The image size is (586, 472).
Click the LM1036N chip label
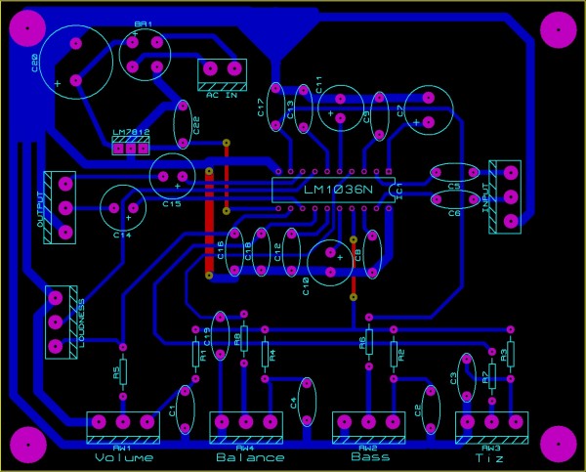pyautogui.click(x=332, y=189)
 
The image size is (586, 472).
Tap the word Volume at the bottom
pyautogui.click(x=124, y=457)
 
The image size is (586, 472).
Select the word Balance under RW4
pyautogui.click(x=250, y=457)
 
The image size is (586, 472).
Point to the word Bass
pyautogui.click(x=369, y=456)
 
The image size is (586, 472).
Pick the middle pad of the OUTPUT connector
pyautogui.click(x=65, y=207)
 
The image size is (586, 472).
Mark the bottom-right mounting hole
pyautogui.click(x=559, y=444)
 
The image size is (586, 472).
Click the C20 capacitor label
pyautogui.click(x=36, y=64)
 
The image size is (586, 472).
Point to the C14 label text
pyautogui.click(x=122, y=236)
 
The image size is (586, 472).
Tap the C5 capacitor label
pyautogui.click(x=453, y=186)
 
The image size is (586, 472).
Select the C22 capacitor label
pyautogui.click(x=196, y=124)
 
